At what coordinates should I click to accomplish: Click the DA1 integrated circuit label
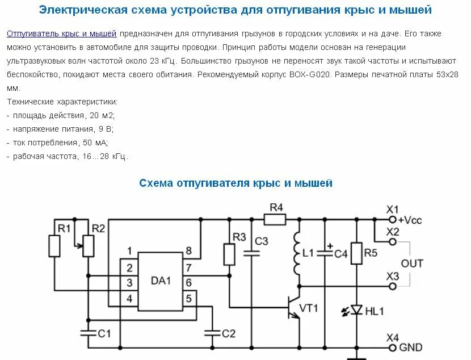pyautogui.click(x=161, y=281)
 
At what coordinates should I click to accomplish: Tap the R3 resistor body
pyautogui.click(x=230, y=254)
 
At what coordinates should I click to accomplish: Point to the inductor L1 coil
pyautogui.click(x=296, y=253)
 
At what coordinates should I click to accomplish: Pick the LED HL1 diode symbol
pyautogui.click(x=356, y=310)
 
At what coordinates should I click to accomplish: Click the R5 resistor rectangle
pyautogui.click(x=356, y=253)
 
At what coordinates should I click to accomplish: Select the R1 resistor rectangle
pyautogui.click(x=55, y=245)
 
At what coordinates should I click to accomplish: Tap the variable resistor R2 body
pyautogui.click(x=88, y=245)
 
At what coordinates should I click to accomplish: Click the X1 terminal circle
pyautogui.click(x=392, y=219)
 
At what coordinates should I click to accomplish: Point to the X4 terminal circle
pyautogui.click(x=392, y=346)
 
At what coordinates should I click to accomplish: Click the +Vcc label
pyautogui.click(x=410, y=220)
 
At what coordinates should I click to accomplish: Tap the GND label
pyautogui.click(x=411, y=347)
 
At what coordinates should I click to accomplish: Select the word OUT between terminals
pyautogui.click(x=412, y=263)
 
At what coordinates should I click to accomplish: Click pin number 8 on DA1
pyautogui.click(x=188, y=251)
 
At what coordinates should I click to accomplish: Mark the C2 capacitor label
pyautogui.click(x=228, y=333)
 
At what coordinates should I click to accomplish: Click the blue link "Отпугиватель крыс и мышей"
pyautogui.click(x=61, y=35)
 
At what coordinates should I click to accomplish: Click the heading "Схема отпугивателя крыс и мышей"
pyautogui.click(x=235, y=183)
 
